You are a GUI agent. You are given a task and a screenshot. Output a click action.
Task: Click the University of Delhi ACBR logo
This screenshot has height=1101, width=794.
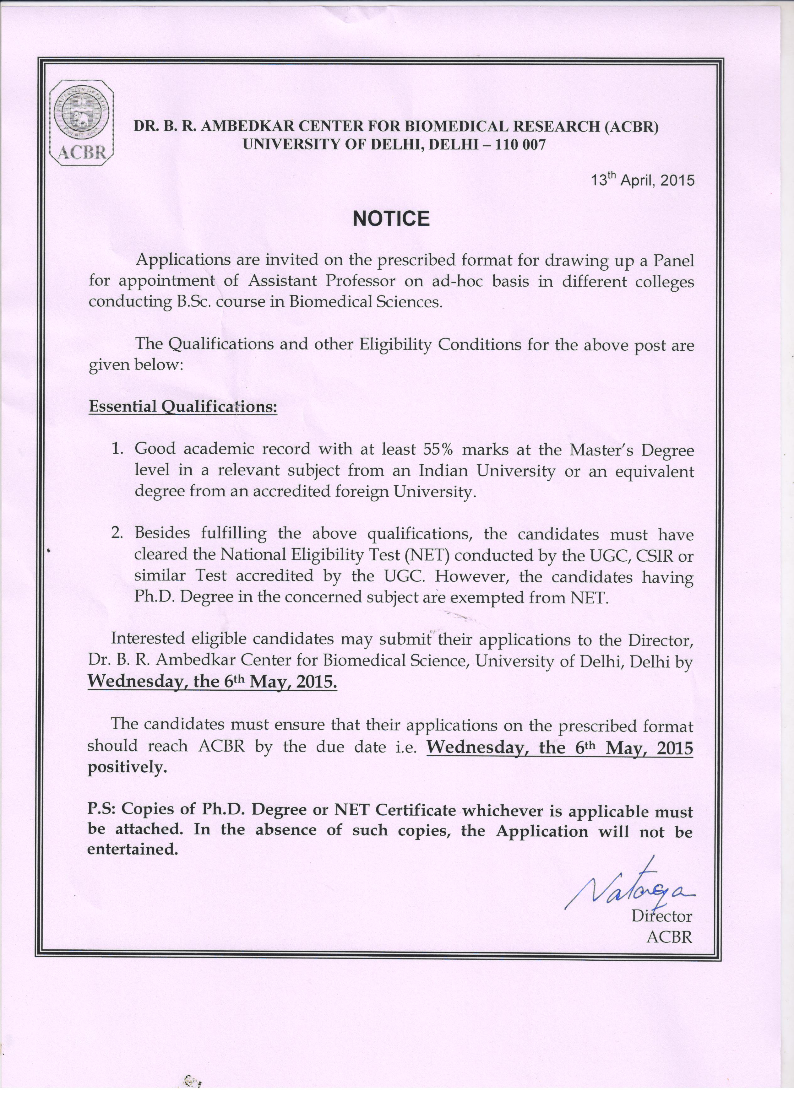coord(82,123)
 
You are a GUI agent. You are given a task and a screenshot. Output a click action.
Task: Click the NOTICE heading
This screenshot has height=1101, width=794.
coord(391,219)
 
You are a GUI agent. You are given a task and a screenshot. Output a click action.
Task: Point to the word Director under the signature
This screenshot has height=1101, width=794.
coord(661,916)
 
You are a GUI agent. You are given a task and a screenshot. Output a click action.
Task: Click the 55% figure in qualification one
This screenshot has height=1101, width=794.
coord(438,450)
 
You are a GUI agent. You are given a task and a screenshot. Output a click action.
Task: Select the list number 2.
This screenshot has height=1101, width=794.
coord(117,533)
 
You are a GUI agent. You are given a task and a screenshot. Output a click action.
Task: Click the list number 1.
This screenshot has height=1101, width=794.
coord(116,449)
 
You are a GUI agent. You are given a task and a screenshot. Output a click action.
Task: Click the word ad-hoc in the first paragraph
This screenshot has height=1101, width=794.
coord(460,282)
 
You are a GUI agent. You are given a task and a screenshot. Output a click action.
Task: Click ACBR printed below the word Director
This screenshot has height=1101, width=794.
coord(669,936)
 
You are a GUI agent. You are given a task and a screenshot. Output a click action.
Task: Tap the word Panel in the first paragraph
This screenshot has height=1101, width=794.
coord(672,261)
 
